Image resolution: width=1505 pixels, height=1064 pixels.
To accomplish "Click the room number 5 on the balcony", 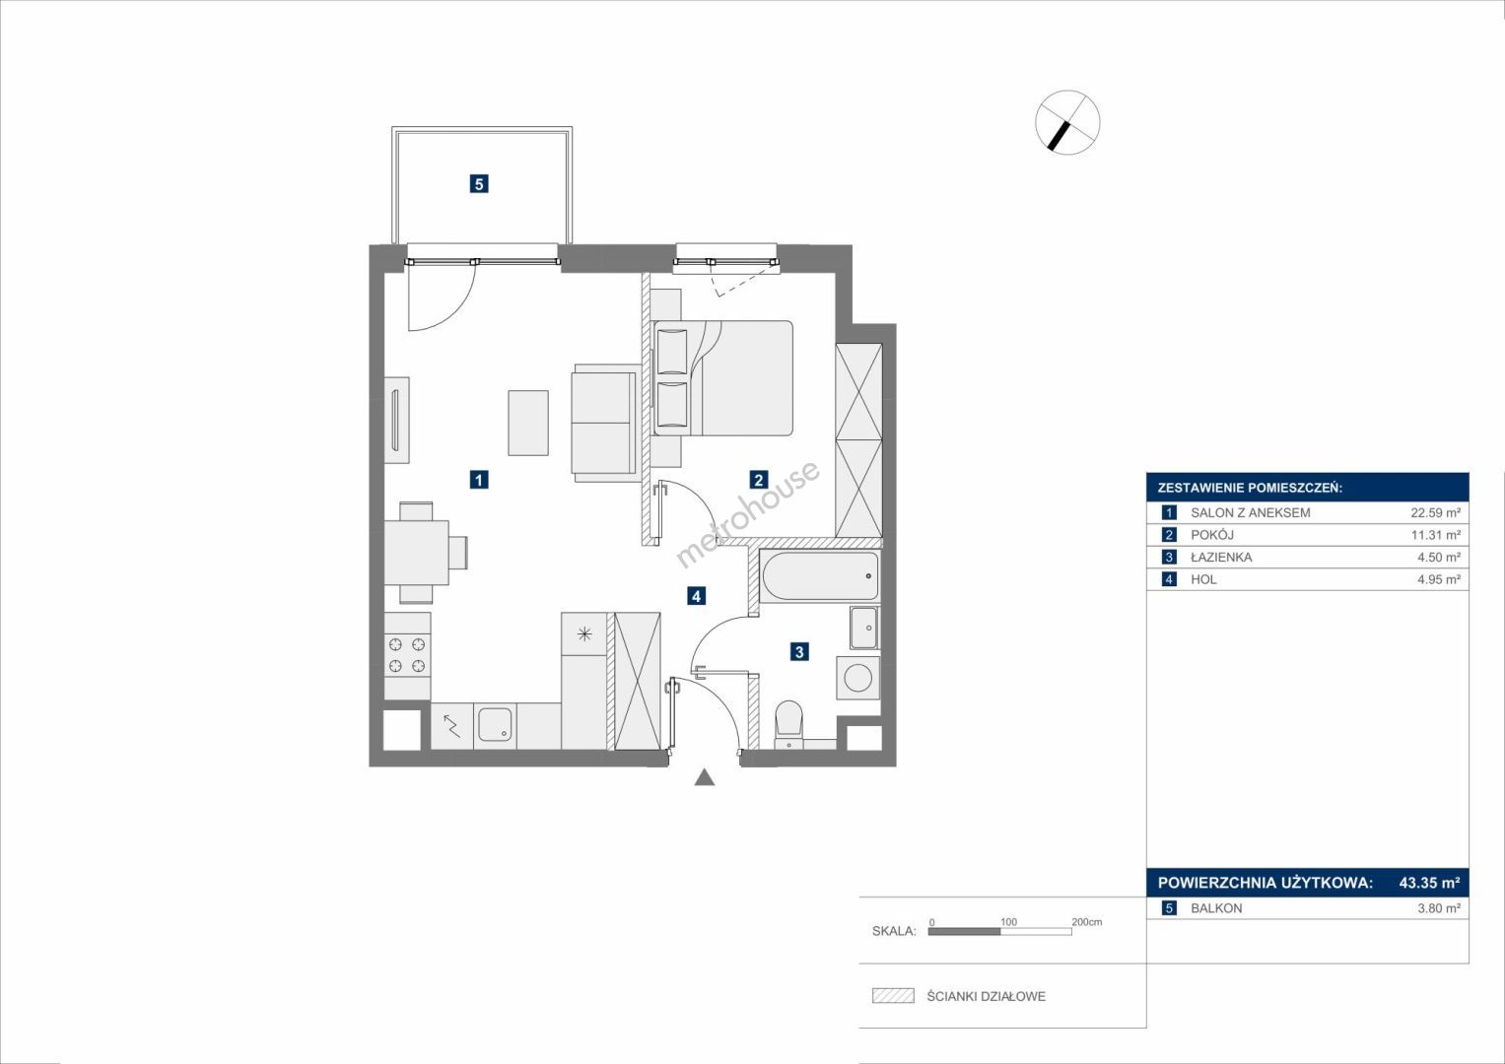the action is point(478,183).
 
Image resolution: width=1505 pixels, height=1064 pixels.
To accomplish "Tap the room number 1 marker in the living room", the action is point(478,480).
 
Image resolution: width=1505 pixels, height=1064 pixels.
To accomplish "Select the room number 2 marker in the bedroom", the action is point(759,480).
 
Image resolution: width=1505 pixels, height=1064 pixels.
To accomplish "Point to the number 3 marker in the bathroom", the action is point(799,651).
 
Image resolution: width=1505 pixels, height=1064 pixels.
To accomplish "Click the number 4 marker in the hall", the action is point(696,596).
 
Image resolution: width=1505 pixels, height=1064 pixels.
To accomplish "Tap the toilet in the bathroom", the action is point(788,725).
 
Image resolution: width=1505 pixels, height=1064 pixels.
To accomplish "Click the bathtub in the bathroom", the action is point(820,575).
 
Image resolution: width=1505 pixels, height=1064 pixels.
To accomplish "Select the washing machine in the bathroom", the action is point(858,678).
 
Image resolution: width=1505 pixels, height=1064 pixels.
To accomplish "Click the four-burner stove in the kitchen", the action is point(407,655).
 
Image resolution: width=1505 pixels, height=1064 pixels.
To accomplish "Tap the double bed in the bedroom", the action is point(723,378).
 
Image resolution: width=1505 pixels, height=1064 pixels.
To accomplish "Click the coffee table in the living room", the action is point(528,424).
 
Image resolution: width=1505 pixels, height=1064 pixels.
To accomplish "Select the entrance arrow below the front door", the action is point(704,777).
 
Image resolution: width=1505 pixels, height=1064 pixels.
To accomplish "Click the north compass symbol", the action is point(1067,122).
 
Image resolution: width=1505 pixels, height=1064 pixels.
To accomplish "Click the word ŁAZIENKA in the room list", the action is point(1221,557).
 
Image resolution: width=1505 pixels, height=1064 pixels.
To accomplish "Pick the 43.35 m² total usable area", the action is point(1430,882).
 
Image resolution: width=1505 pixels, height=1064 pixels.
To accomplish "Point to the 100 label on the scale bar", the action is point(1008,921).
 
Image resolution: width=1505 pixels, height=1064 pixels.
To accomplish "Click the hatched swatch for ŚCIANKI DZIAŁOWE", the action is point(893,995).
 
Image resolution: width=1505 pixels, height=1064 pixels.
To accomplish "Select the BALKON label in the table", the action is point(1217,908).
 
